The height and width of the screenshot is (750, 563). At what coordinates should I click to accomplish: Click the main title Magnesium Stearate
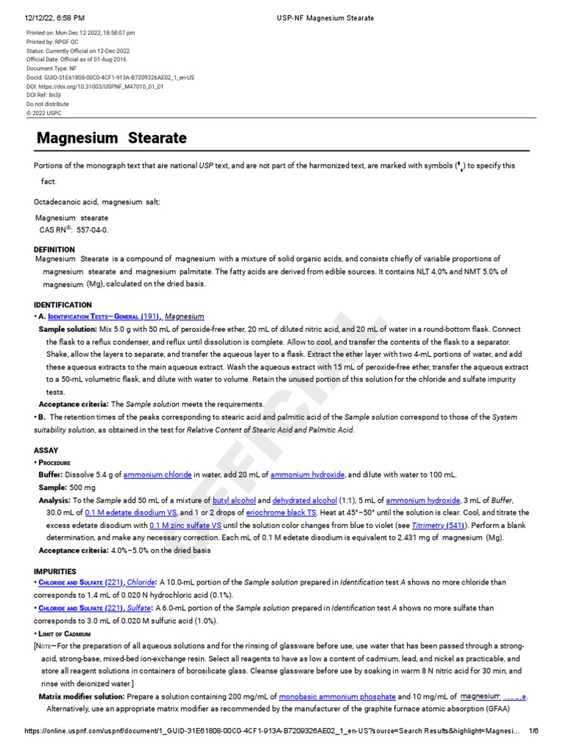pyautogui.click(x=111, y=138)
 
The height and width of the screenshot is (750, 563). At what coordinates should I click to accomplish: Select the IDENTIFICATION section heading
pyautogui.click(x=63, y=304)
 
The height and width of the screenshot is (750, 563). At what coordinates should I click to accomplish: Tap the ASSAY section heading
pyautogui.click(x=46, y=451)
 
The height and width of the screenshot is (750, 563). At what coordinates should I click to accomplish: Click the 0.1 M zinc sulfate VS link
pyautogui.click(x=185, y=525)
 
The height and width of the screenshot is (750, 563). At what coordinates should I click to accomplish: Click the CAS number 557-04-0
pyautogui.click(x=87, y=229)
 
